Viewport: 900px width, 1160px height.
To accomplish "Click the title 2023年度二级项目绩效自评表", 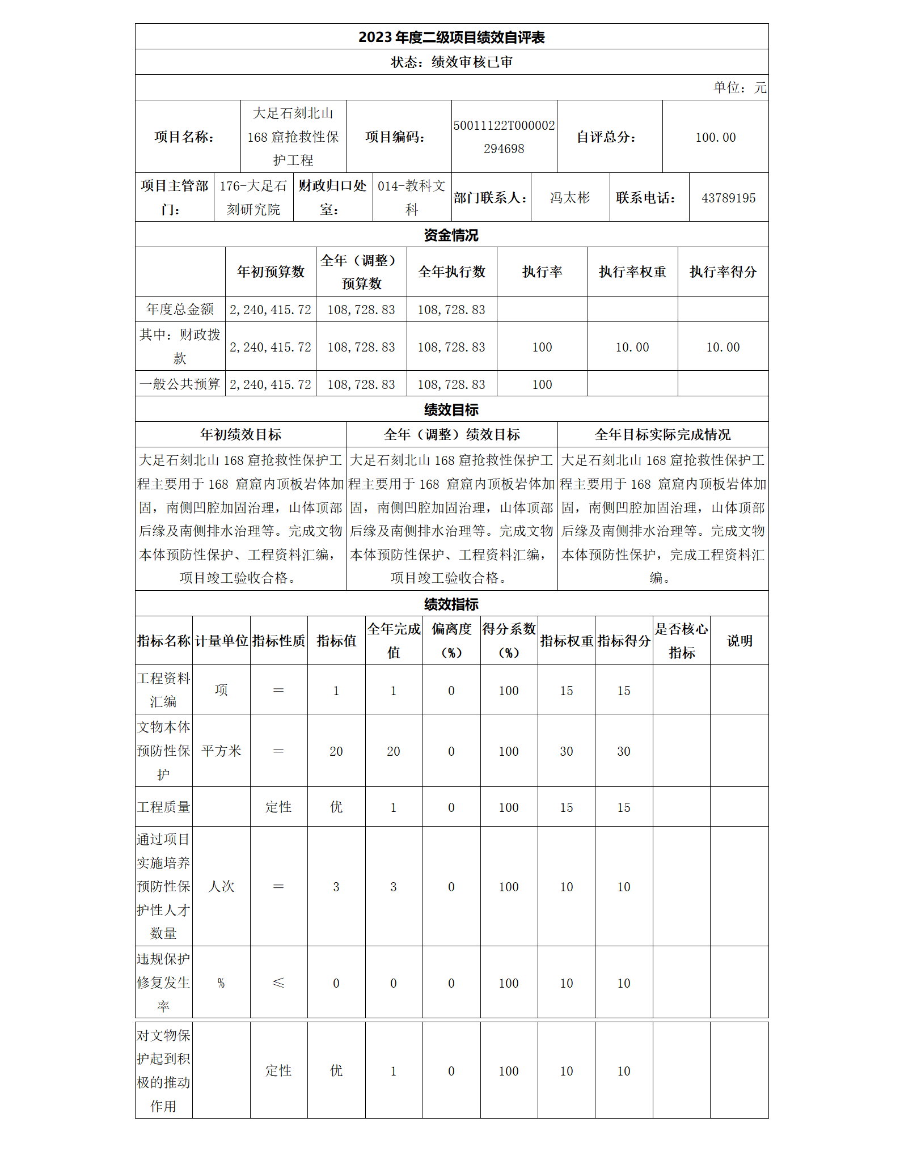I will (451, 37).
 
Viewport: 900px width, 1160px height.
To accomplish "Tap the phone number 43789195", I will (728, 198).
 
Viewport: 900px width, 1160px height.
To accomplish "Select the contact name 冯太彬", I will (570, 198).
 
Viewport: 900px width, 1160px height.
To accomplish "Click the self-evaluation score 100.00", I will (715, 137).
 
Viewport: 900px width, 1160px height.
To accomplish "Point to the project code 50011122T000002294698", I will (504, 137).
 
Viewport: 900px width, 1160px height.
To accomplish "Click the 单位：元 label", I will (740, 88).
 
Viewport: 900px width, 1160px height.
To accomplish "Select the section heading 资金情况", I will (451, 235).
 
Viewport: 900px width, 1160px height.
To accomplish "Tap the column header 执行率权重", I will (632, 272).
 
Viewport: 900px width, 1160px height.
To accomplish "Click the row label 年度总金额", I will (180, 310).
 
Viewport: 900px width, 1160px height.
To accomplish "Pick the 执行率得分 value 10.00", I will (722, 347).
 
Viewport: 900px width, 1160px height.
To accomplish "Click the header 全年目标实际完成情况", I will (662, 435).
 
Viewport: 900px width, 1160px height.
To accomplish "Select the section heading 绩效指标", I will (451, 604).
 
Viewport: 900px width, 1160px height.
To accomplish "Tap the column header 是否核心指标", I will (681, 641).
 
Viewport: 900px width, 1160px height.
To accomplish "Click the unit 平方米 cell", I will (221, 751).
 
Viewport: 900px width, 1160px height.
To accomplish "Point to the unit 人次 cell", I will (221, 887).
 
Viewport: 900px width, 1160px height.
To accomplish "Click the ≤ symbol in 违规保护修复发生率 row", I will (278, 983).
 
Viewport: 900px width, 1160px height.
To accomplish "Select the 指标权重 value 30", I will (566, 751).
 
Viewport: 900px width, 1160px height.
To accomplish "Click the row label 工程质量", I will (163, 807).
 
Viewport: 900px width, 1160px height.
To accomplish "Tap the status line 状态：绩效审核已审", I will (451, 62).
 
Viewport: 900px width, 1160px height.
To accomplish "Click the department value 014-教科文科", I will (412, 198).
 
